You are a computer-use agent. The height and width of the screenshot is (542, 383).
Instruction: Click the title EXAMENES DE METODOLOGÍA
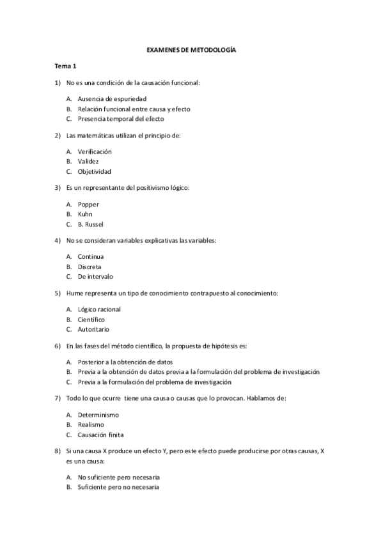tap(191, 49)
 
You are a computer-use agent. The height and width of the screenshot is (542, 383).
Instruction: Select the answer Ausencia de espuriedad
tap(112, 99)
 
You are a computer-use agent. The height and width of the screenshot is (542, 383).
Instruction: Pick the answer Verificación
tap(95, 151)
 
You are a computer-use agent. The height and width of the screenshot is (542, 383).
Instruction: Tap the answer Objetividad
tap(94, 172)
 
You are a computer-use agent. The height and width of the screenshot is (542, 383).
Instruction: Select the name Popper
tap(88, 205)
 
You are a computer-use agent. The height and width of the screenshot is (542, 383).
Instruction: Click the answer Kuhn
tap(85, 214)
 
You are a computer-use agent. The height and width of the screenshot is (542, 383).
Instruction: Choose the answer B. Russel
tap(90, 224)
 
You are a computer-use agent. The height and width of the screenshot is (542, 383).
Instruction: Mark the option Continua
tap(90, 257)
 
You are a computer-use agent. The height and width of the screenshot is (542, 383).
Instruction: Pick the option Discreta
tap(90, 267)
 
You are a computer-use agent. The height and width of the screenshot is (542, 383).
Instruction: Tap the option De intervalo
tap(95, 277)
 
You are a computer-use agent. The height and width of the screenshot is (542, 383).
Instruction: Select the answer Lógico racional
tap(99, 309)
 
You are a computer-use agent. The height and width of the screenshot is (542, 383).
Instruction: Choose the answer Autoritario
tap(93, 329)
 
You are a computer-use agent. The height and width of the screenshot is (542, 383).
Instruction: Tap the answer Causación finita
tap(102, 434)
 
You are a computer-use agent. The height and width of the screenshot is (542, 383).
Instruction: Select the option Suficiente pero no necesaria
tap(118, 487)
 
